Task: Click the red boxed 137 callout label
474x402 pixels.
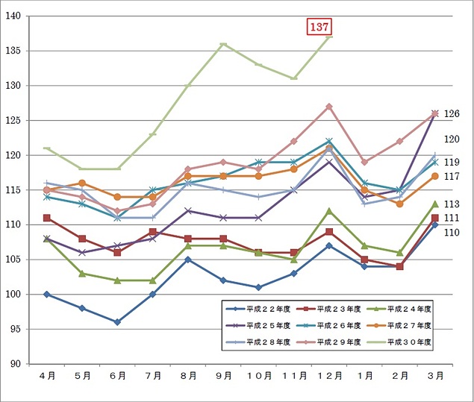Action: coord(319,27)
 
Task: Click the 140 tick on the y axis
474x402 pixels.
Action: coord(14,16)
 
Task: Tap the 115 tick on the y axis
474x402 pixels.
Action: coord(14,190)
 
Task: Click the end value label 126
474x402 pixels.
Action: coord(452,114)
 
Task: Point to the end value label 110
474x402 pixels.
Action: coord(452,233)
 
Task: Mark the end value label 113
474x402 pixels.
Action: coord(452,204)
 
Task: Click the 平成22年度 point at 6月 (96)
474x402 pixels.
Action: coord(117,322)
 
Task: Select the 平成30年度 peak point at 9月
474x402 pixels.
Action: coord(223,44)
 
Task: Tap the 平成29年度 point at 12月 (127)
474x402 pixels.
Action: coord(329,107)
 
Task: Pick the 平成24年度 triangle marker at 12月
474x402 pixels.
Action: coord(329,211)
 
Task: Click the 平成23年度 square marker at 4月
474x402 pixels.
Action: coord(46,218)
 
